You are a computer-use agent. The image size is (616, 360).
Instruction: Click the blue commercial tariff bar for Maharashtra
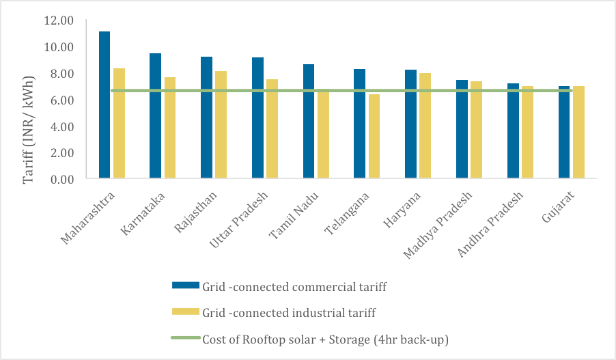click(104, 105)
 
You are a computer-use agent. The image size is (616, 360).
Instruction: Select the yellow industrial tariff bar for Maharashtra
click(119, 123)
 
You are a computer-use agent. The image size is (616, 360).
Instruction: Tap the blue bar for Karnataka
click(156, 116)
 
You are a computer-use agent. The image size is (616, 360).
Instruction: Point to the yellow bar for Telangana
click(374, 137)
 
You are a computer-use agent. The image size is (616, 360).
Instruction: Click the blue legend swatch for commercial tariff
click(185, 286)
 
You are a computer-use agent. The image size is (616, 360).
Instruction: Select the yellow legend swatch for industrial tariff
click(185, 312)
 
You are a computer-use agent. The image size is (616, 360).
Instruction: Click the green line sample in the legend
click(185, 338)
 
